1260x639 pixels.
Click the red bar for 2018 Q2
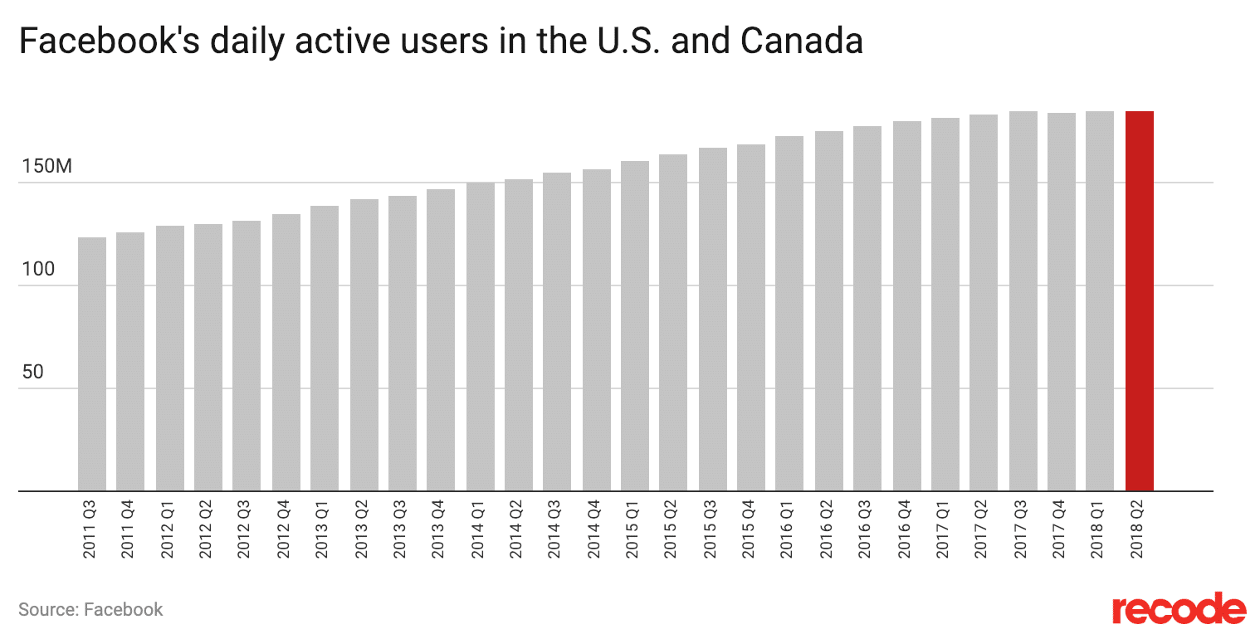(x=1139, y=300)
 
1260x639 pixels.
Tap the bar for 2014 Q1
(x=480, y=336)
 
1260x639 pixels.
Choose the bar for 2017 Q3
(x=1023, y=300)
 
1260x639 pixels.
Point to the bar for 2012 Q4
(x=286, y=352)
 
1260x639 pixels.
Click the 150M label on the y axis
(x=47, y=166)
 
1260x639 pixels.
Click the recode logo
(x=1179, y=609)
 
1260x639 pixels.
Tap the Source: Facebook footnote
(x=90, y=610)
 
